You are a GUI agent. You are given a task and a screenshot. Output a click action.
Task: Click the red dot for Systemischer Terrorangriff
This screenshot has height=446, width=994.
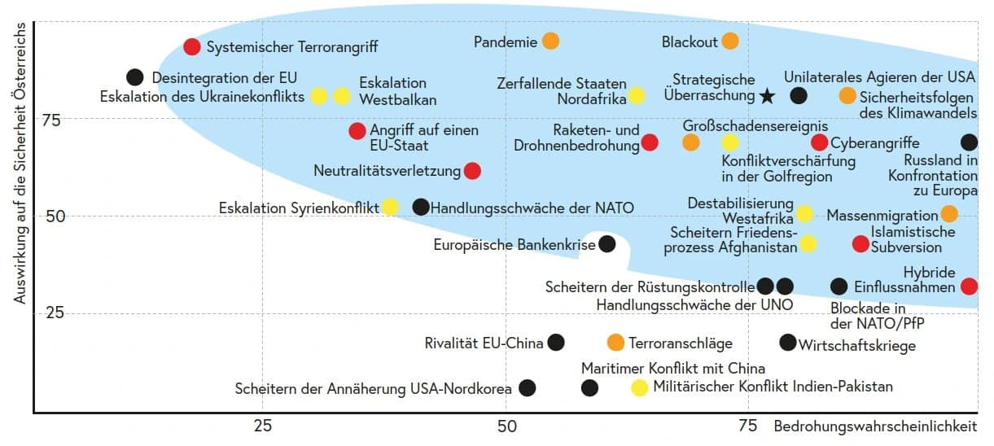tap(192, 47)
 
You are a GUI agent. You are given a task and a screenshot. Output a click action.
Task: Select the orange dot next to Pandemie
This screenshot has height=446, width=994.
tap(550, 41)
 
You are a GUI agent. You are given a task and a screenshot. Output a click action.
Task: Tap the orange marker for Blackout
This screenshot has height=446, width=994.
tap(730, 41)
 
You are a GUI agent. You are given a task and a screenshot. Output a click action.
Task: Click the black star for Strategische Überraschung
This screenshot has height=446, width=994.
tap(767, 96)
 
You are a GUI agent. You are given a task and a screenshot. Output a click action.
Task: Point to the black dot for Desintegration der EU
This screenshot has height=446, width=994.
tap(135, 77)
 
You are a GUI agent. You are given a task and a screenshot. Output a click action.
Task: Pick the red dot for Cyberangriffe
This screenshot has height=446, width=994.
tap(820, 143)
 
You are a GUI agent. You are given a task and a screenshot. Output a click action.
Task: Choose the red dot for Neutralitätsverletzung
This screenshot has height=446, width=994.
tap(472, 171)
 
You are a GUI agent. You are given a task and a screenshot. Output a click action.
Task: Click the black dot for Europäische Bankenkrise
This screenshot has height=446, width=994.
tap(606, 243)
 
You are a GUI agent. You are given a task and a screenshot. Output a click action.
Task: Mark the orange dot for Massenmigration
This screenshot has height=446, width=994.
tap(949, 214)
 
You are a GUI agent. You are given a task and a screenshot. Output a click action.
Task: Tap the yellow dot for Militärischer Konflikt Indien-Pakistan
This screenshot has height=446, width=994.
tap(640, 387)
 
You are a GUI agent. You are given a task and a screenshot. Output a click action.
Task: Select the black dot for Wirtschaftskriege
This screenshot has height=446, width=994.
tap(788, 343)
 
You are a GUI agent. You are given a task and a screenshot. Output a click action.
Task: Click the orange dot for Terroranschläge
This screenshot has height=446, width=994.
tap(616, 343)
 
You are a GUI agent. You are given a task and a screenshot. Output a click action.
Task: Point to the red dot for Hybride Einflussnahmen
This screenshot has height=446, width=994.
tap(969, 286)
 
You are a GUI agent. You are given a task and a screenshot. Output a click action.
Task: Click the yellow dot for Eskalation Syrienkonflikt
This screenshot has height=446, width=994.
tap(390, 207)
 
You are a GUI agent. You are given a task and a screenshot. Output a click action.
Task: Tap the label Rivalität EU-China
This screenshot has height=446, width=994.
tap(484, 343)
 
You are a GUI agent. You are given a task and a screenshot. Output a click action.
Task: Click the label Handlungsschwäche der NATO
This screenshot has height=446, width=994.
tap(532, 208)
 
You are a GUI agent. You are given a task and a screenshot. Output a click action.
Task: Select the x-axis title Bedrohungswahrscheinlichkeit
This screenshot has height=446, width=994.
tap(875, 426)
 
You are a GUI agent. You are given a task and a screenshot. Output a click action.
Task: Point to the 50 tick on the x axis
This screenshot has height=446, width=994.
tap(506, 426)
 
